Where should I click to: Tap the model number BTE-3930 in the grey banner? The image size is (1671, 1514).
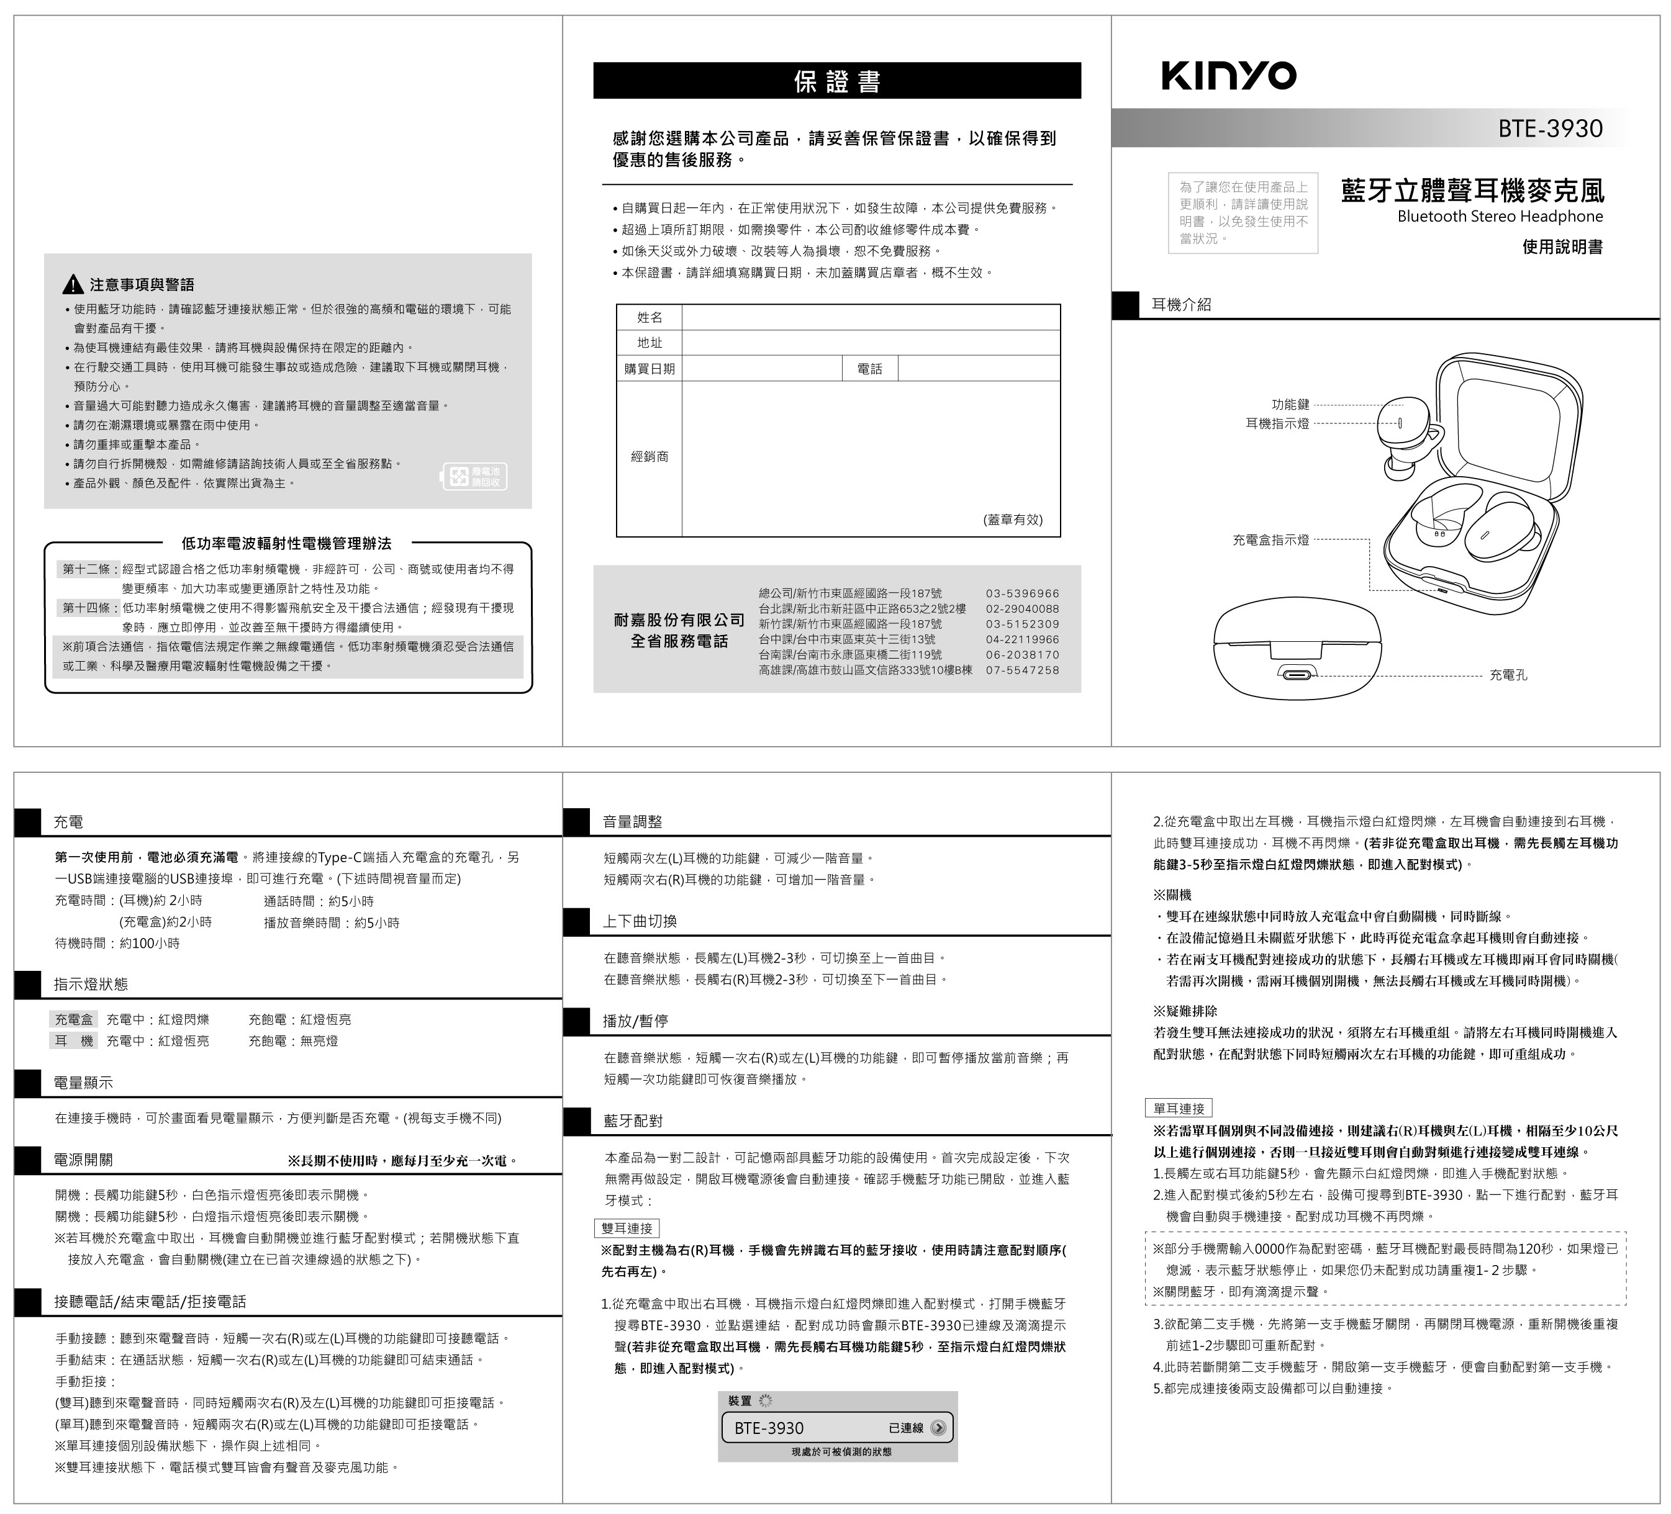pyautogui.click(x=1549, y=128)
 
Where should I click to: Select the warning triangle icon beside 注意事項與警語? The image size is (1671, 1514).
pyautogui.click(x=73, y=284)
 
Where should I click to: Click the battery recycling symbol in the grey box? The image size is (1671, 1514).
pyautogui.click(x=474, y=477)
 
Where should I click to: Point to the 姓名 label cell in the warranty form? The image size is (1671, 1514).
pyautogui.click(x=649, y=317)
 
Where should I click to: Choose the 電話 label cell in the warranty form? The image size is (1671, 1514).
pyautogui.click(x=869, y=369)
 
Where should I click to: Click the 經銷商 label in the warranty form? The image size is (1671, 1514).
pyautogui.click(x=649, y=457)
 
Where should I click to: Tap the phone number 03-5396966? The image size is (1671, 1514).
pyautogui.click(x=1022, y=593)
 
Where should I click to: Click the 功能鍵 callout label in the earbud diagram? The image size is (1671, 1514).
pyautogui.click(x=1290, y=404)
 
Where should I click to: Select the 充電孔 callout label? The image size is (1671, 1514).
pyautogui.click(x=1508, y=675)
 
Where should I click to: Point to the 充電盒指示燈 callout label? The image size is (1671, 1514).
pyautogui.click(x=1270, y=540)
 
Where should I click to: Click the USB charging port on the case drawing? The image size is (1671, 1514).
pyautogui.click(x=1297, y=675)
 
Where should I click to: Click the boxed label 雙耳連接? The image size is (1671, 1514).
pyautogui.click(x=627, y=1228)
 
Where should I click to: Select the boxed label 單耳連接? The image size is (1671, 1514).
pyautogui.click(x=1179, y=1108)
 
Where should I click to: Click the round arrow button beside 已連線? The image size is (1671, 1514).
pyautogui.click(x=938, y=1428)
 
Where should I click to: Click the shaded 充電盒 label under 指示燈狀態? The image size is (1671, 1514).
pyautogui.click(x=74, y=1019)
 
